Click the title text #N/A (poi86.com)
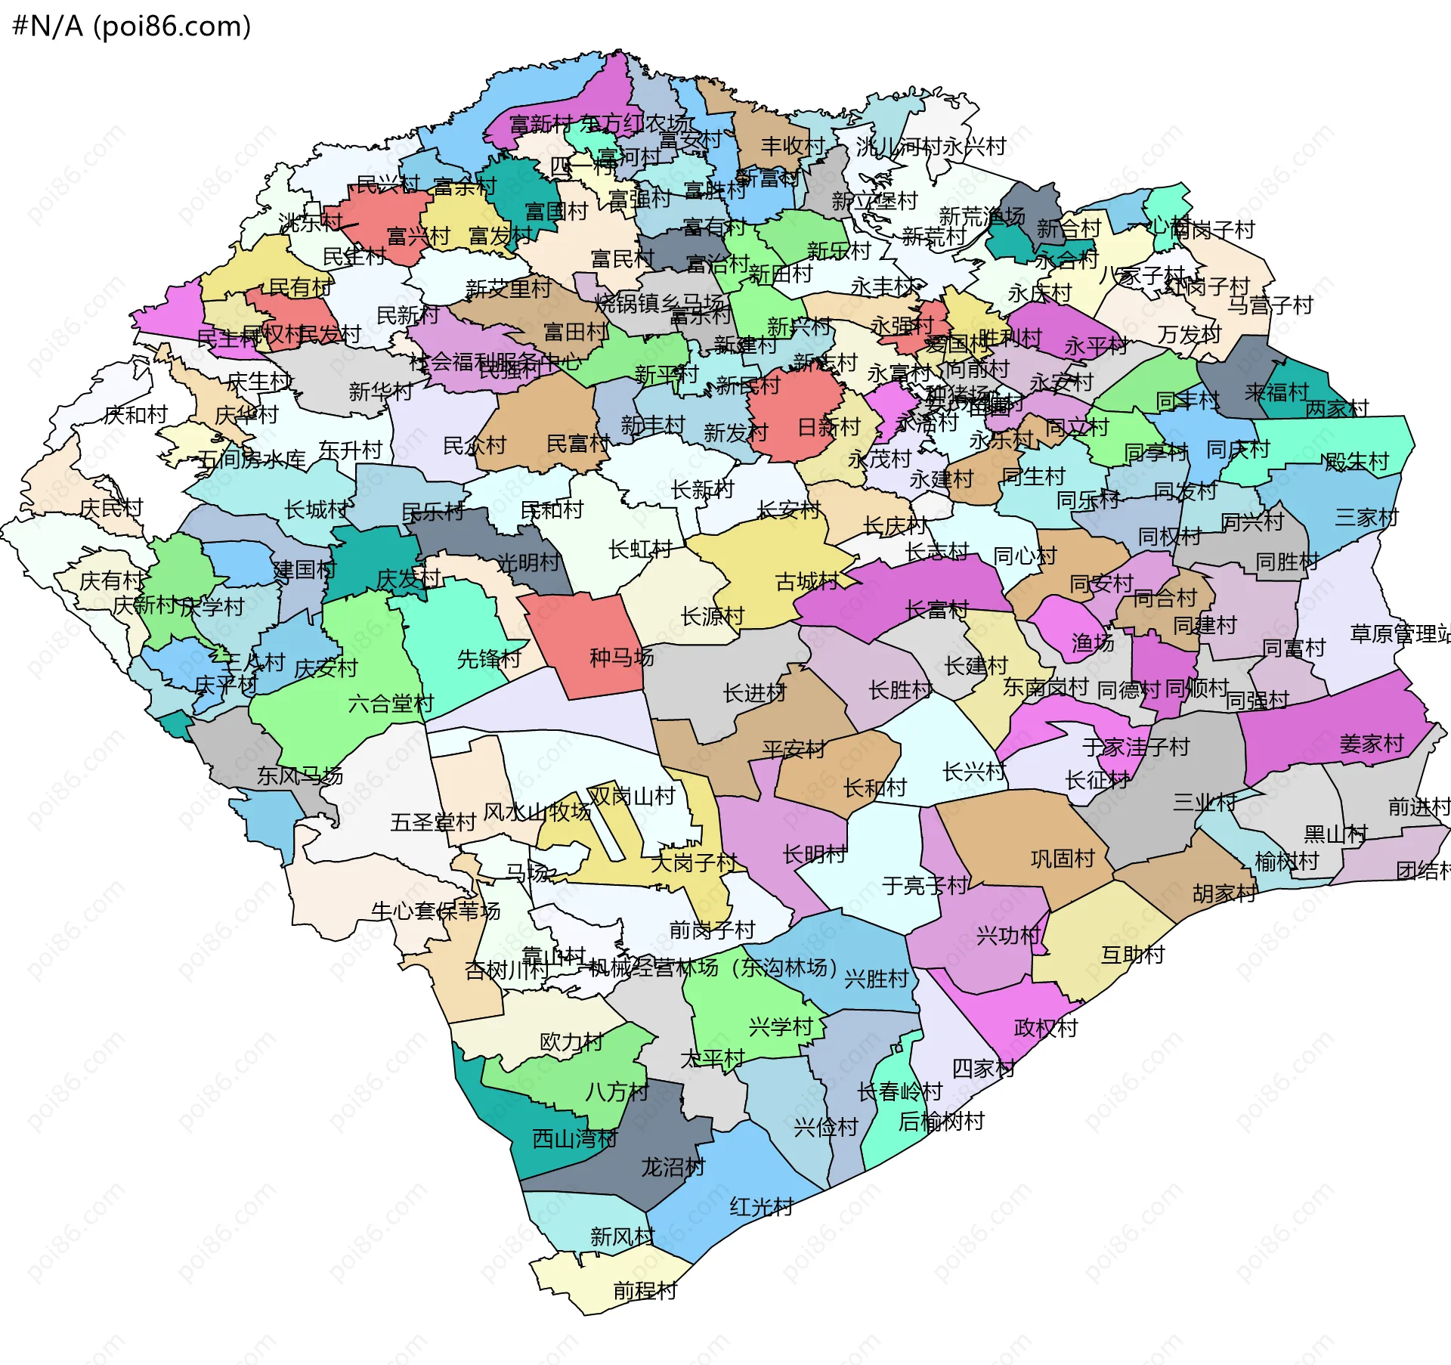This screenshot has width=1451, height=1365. [131, 26]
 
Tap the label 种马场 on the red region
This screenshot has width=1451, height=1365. [621, 658]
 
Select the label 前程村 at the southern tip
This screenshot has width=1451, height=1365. [645, 1290]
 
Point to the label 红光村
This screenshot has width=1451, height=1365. [761, 1206]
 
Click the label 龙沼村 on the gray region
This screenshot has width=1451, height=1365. [673, 1167]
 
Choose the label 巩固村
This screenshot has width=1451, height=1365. [1063, 859]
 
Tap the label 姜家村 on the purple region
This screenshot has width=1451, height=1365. [1371, 744]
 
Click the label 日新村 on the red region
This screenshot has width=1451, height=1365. [829, 427]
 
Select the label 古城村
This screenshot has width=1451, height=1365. [806, 581]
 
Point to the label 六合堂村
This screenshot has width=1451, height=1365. [391, 704]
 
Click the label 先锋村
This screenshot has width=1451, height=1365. [489, 659]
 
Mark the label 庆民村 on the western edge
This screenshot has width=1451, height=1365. [111, 508]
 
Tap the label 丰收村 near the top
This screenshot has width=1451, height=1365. [792, 146]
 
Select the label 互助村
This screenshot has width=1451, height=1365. [1133, 955]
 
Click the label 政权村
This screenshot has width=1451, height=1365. [1046, 1028]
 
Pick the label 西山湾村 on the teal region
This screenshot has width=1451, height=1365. [575, 1138]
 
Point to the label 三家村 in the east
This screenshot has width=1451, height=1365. [1366, 518]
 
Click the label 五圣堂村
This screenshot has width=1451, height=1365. [433, 822]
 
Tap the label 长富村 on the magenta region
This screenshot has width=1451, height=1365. [937, 609]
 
